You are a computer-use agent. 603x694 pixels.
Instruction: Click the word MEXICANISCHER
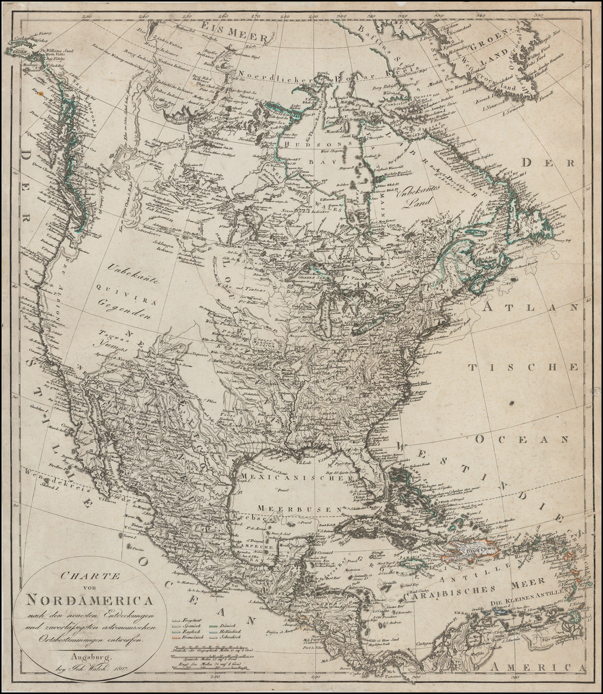coord(297,479)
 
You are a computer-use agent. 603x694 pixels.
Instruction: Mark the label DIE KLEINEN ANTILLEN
coord(530,602)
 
